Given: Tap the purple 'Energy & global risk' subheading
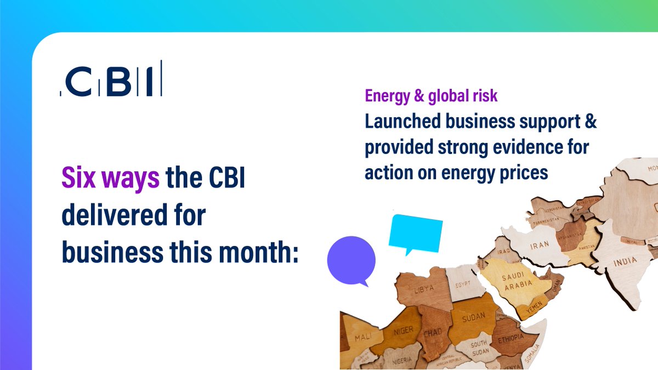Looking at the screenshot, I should (431, 96).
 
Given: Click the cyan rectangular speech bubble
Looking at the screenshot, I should (415, 232).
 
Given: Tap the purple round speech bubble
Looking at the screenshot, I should (351, 260).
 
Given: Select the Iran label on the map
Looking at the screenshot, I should (539, 246).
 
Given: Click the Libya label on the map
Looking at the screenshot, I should (426, 289).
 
